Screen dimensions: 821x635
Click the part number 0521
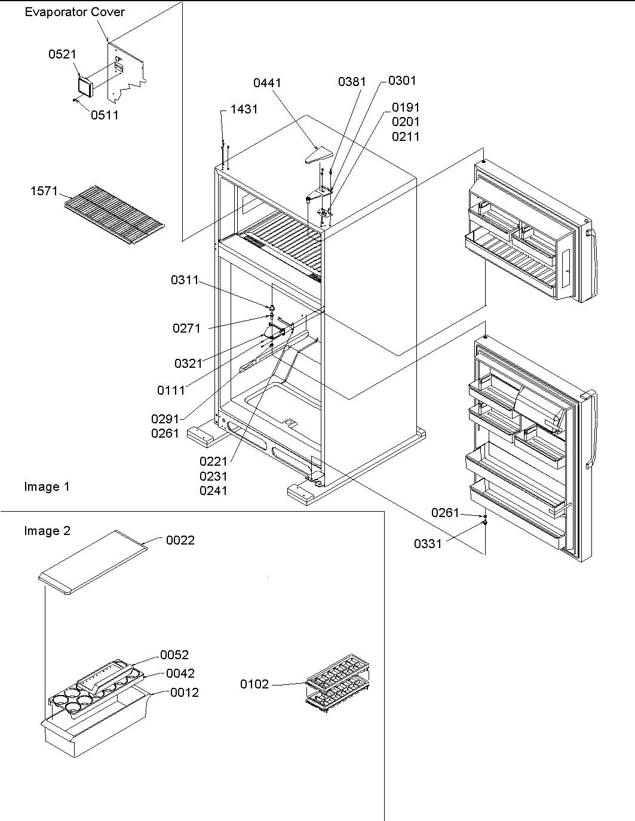coord(62,54)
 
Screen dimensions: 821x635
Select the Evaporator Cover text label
coord(75,13)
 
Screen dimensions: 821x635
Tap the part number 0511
coord(105,115)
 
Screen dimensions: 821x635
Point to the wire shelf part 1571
coord(113,208)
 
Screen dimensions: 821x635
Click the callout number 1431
coord(244,109)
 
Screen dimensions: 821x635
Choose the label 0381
coord(351,81)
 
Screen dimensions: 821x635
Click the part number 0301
coord(402,80)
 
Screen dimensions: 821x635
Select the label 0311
coord(185,279)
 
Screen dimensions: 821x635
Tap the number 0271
coord(186,328)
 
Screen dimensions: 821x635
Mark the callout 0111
coord(171,390)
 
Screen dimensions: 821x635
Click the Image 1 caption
coord(47,487)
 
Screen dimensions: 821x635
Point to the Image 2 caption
coord(47,531)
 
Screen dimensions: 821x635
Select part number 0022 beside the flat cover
coord(180,540)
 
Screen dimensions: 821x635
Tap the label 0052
coord(174,654)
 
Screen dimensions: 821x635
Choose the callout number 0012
coord(185,693)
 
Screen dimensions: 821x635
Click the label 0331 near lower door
coord(428,543)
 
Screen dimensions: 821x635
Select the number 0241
coord(213,491)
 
